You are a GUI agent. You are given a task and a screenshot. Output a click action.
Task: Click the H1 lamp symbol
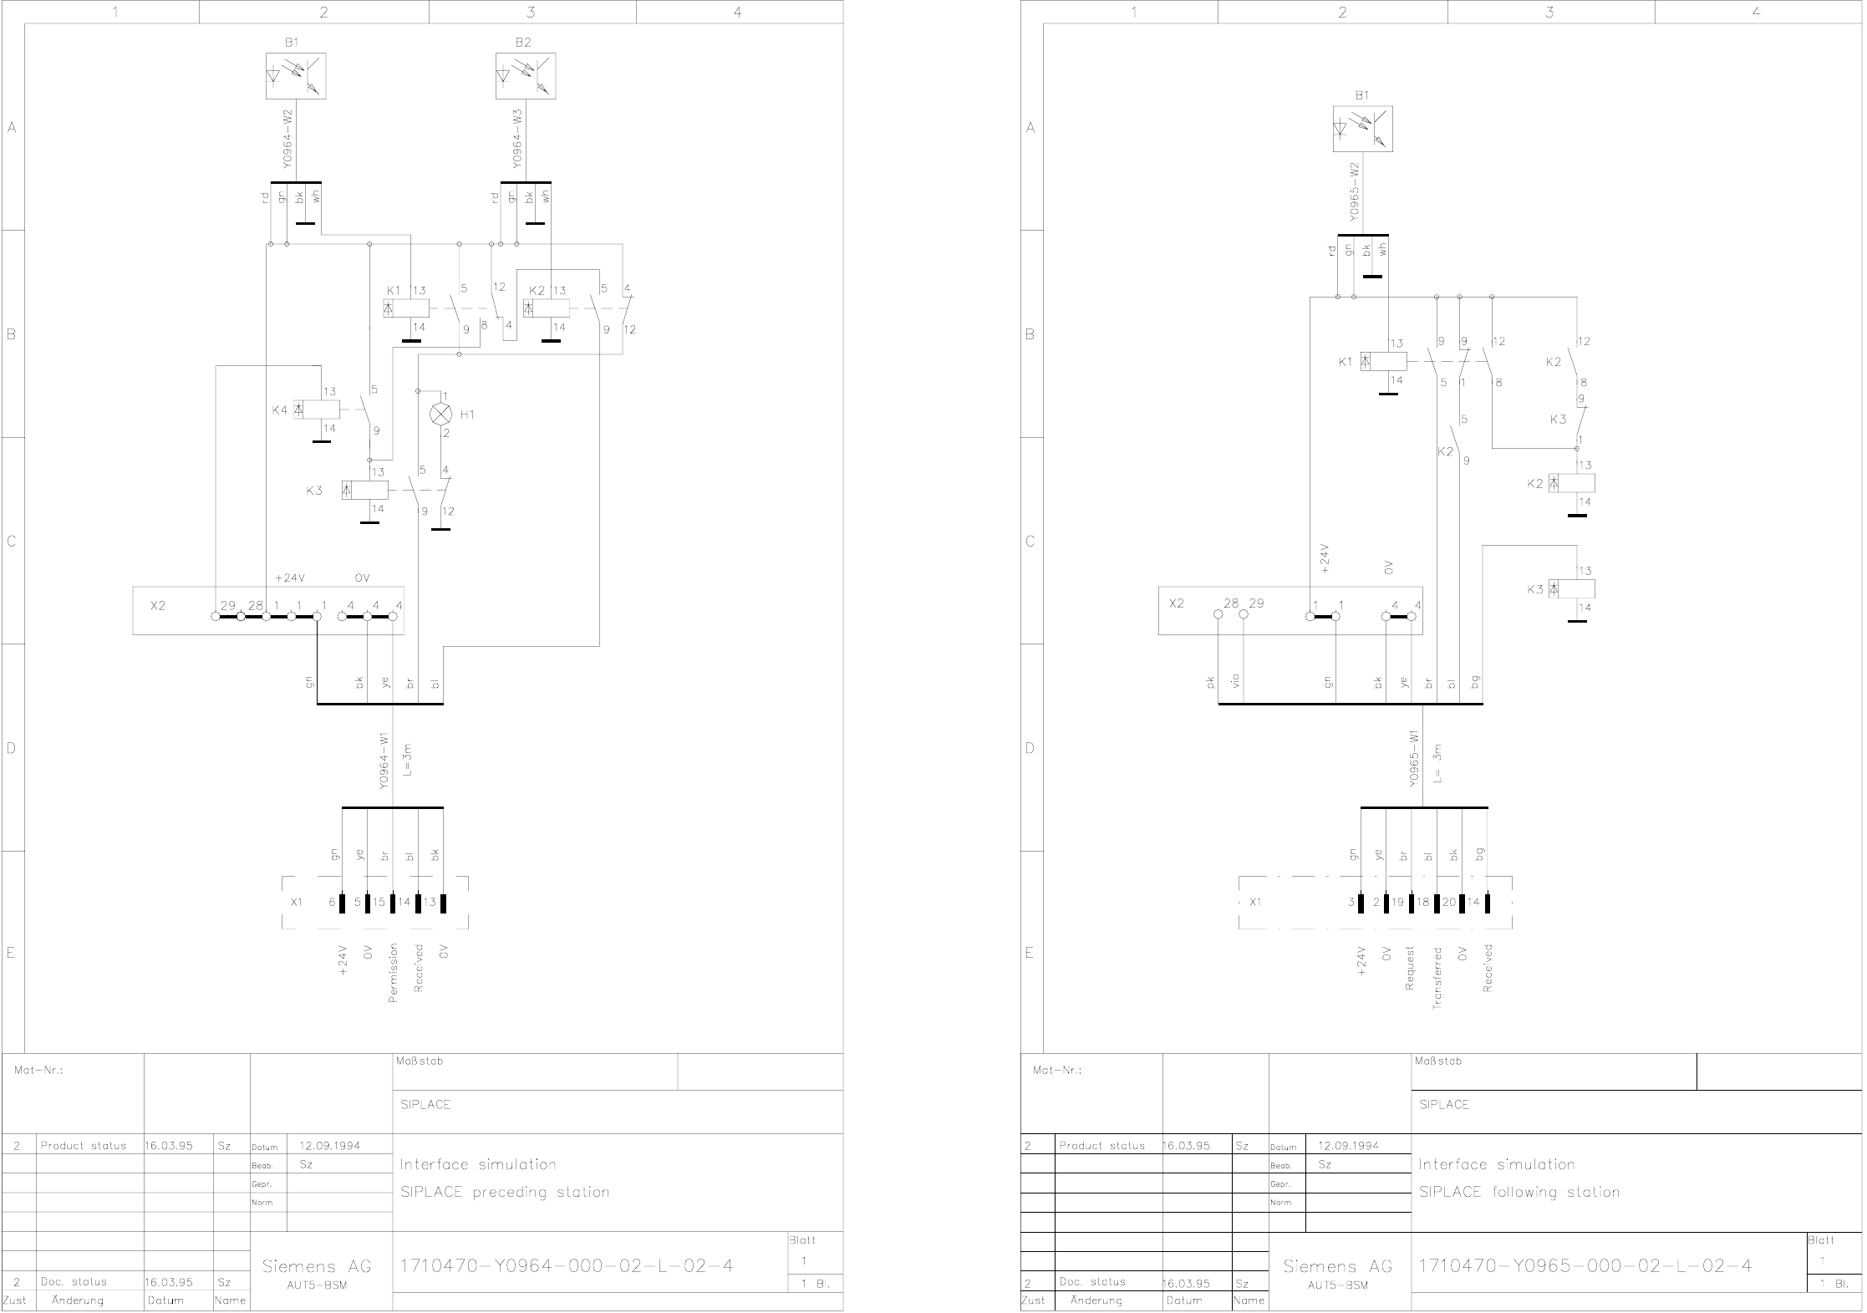point(439,414)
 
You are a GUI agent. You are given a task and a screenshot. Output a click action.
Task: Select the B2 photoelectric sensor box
point(525,76)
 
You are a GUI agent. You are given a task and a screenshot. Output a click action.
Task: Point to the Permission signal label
point(394,973)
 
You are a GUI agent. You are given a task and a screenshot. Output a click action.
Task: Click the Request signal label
point(1410,968)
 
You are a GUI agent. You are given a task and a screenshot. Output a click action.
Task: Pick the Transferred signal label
point(1437,978)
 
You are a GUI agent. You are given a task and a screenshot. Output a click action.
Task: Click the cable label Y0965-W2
point(1355,191)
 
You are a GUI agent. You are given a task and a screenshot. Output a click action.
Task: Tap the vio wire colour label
point(1236,681)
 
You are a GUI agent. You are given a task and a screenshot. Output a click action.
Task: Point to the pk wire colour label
point(1210,682)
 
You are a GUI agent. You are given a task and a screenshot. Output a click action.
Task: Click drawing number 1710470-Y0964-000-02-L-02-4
point(567,1265)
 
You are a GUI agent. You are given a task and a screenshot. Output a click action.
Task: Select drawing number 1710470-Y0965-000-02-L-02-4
point(1585,1265)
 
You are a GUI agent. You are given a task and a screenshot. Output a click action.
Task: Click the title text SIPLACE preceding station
point(505,1192)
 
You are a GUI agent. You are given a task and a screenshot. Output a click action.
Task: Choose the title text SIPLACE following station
point(1519,1192)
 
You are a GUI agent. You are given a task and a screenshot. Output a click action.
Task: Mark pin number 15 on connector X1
point(379,903)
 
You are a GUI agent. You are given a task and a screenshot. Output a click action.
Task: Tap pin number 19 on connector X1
point(1397,903)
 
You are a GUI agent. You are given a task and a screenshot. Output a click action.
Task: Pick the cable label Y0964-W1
point(384,761)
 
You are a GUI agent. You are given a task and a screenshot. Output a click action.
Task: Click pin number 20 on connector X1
point(1448,903)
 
